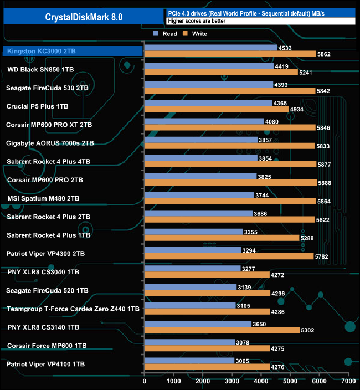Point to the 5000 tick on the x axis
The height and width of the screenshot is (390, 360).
(290, 381)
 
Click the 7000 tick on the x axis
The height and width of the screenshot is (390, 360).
(348, 381)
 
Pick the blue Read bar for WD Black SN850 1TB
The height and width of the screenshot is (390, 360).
(209, 66)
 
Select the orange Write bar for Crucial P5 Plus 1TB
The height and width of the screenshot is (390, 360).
(217, 109)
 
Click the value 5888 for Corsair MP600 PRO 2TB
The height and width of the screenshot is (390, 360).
(323, 183)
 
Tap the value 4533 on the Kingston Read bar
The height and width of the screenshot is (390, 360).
(285, 48)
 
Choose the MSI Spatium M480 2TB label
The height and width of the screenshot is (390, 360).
(43, 198)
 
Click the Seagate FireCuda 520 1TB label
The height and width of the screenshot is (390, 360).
(47, 290)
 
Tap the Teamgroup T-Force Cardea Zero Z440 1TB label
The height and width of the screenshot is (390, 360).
(73, 309)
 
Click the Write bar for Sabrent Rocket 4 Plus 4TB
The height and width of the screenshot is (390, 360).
(230, 165)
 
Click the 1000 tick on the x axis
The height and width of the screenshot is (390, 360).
(174, 381)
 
